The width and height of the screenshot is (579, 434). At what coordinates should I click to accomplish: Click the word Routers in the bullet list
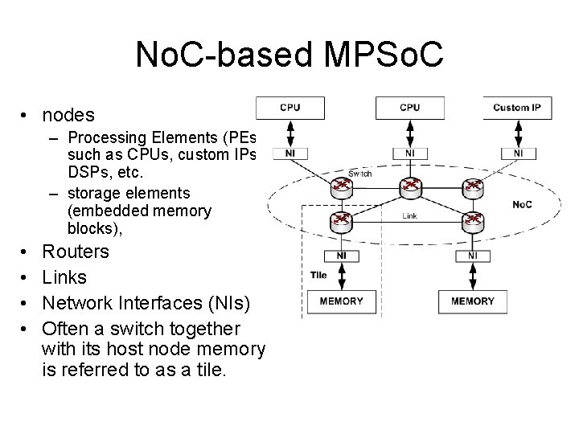(x=76, y=252)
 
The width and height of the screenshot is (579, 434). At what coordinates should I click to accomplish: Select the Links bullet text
(x=64, y=277)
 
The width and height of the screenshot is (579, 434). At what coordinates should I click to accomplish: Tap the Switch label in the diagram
(x=359, y=173)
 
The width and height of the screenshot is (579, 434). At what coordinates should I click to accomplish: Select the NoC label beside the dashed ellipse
(x=522, y=204)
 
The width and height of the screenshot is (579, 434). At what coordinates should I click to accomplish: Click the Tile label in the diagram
(x=318, y=276)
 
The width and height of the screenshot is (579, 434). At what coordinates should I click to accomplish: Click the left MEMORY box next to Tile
(x=341, y=301)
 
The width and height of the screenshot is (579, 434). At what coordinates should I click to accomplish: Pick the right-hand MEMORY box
(x=472, y=301)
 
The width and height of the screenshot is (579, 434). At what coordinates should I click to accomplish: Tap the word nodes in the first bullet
(x=68, y=116)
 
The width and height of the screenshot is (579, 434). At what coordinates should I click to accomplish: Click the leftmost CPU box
(x=289, y=108)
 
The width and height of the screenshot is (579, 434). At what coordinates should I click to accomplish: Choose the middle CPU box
(x=409, y=108)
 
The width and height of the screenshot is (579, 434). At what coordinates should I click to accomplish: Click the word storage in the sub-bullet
(x=94, y=193)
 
